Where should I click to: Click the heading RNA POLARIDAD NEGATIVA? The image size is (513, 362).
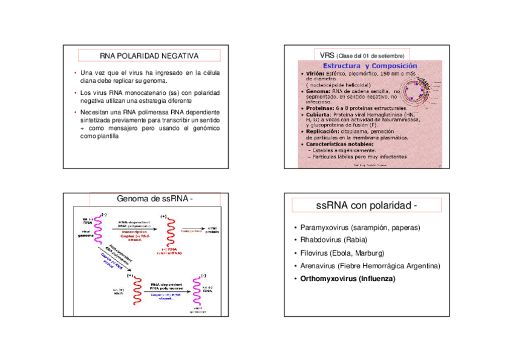pos(149,56)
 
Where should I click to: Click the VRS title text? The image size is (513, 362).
pos(327,56)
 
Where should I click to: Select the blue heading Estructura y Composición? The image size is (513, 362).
pos(370,66)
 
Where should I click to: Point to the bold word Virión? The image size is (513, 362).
pos(315,73)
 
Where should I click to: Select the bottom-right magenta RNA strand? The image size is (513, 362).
pos(197,291)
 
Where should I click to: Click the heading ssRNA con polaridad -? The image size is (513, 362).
pos(367,206)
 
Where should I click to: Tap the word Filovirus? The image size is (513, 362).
pos(315,253)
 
